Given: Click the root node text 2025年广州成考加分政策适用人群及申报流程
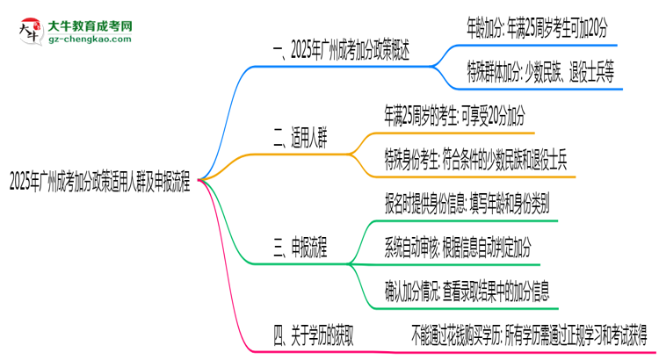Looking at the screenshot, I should [x=100, y=183].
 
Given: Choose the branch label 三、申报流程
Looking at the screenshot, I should [x=301, y=250].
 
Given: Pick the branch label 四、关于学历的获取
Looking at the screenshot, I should [x=325, y=334].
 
